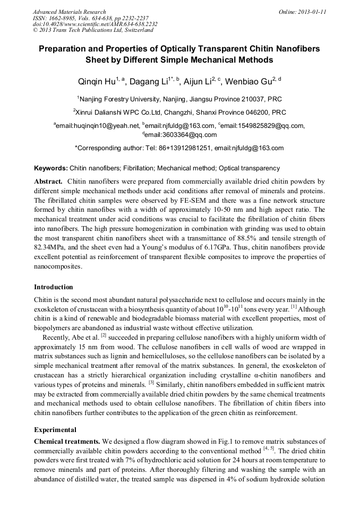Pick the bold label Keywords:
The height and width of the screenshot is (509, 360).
click(51, 168)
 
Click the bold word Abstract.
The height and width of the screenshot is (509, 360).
click(48, 182)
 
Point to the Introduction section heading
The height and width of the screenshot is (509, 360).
click(53, 287)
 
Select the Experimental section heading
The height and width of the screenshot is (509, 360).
click(55, 430)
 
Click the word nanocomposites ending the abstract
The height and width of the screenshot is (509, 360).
click(57, 268)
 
